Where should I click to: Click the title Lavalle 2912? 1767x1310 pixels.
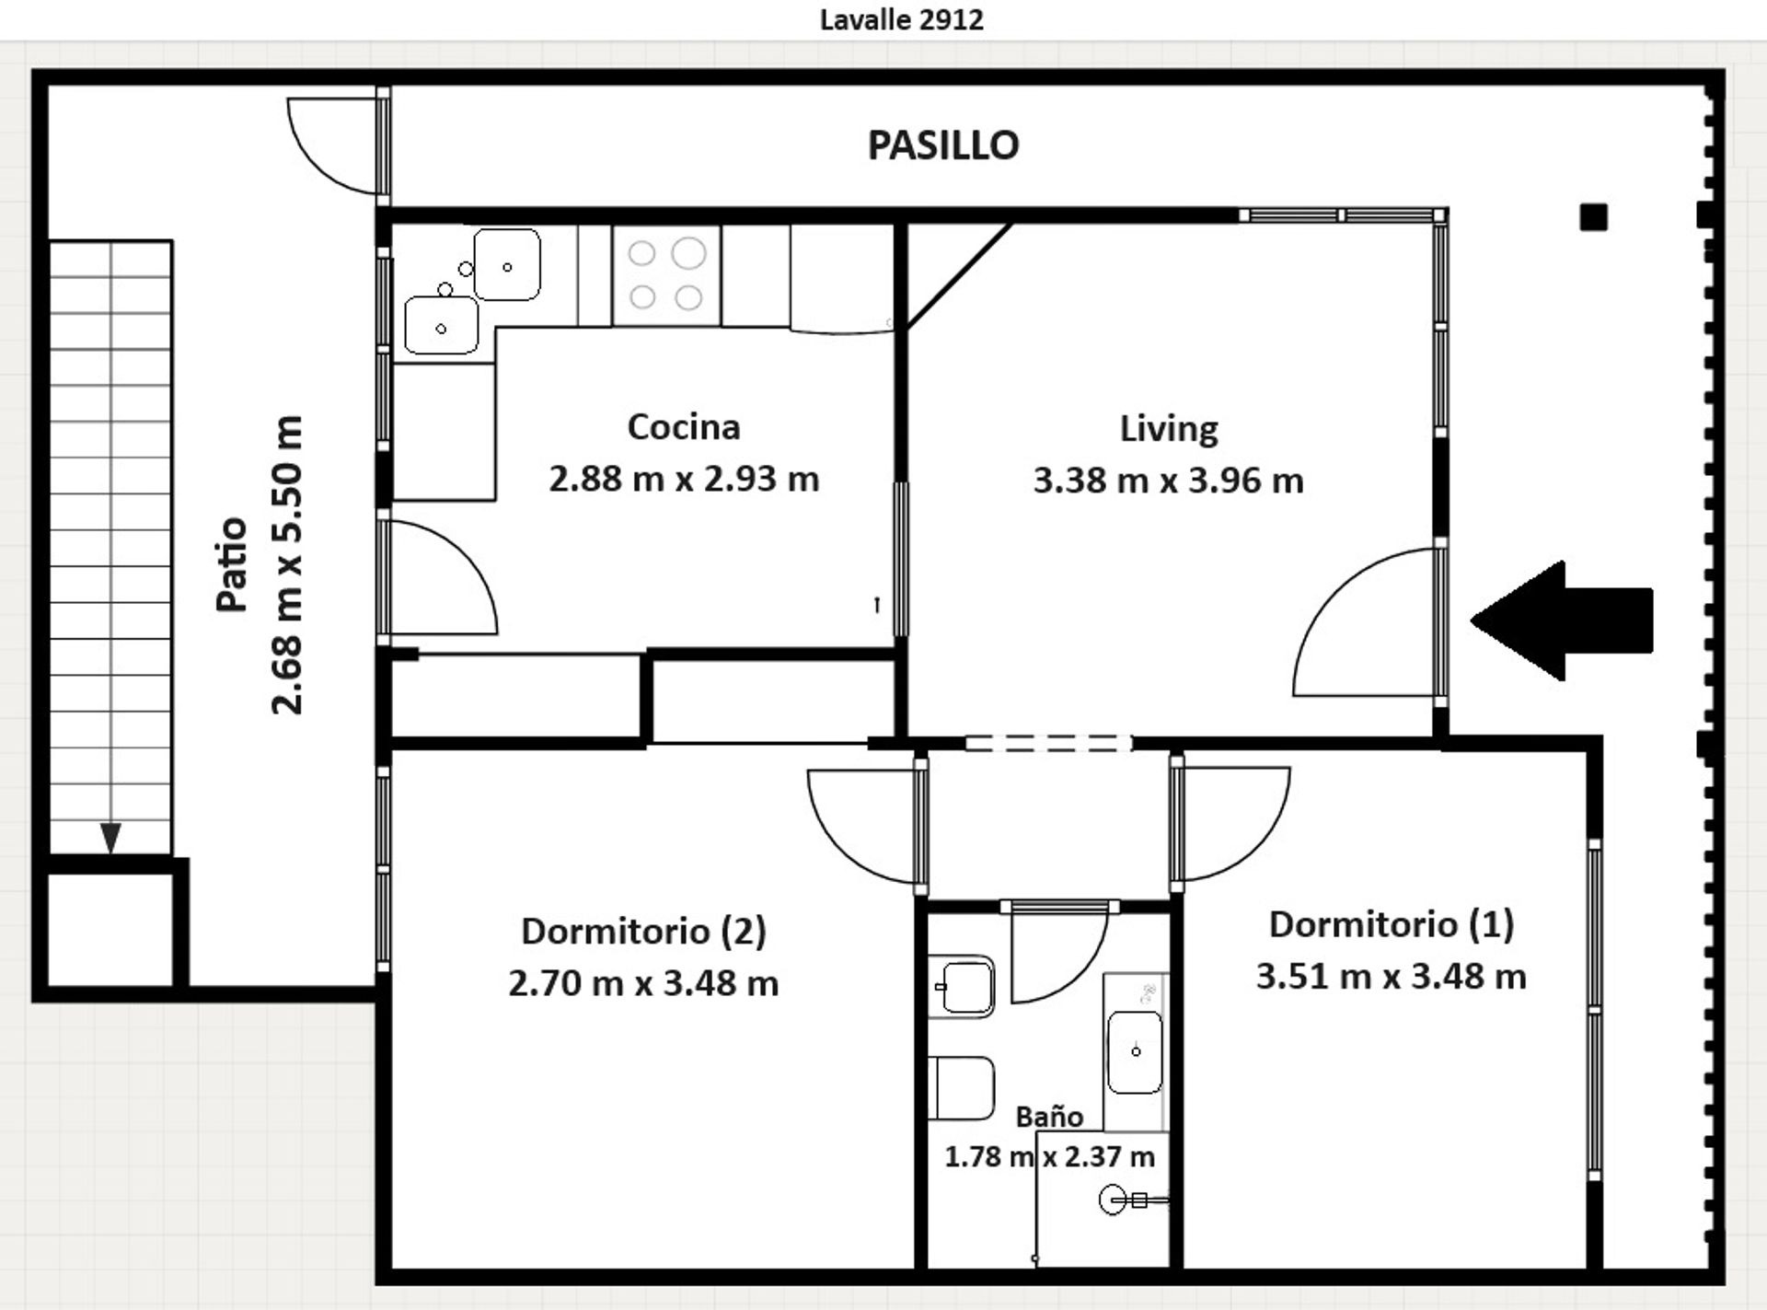[x=901, y=19]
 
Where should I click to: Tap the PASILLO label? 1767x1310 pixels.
[x=943, y=145]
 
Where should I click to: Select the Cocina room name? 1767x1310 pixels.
[x=684, y=426]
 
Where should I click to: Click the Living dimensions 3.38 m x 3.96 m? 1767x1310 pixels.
[x=1168, y=481]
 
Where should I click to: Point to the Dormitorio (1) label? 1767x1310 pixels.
[x=1391, y=924]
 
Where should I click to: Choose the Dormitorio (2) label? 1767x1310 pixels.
[x=643, y=931]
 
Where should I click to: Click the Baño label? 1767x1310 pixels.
[x=1049, y=1116]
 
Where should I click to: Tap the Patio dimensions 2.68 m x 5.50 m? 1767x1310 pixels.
[x=287, y=564]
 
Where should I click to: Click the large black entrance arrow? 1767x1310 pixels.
[x=1562, y=620]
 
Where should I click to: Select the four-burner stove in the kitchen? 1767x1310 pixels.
[x=666, y=275]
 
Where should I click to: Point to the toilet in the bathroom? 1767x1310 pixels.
[x=961, y=1088]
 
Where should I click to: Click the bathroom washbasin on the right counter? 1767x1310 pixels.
[x=1136, y=1052]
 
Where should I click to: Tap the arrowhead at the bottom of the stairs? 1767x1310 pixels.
[x=110, y=838]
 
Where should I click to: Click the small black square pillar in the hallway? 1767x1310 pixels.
[x=1594, y=217]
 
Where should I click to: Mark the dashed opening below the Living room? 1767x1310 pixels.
[x=1048, y=743]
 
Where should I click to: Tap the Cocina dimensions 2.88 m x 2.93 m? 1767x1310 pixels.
[x=684, y=479]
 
